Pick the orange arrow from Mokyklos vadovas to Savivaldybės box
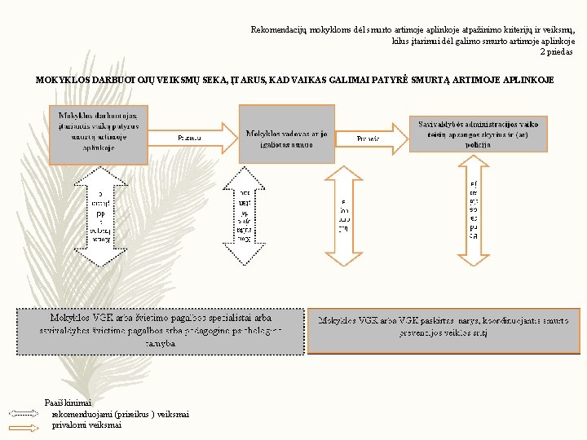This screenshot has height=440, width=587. (371, 139)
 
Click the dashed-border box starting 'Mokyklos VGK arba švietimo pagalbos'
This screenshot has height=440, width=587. (160, 332)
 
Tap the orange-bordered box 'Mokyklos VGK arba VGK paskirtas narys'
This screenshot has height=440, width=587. (444, 330)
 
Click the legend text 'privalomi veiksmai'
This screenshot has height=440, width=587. (86, 425)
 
